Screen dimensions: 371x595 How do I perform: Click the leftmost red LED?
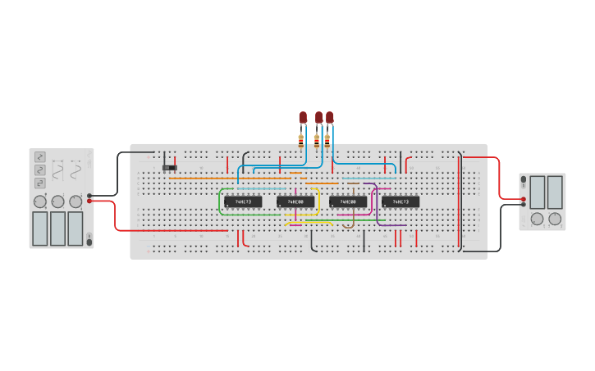pos(303,118)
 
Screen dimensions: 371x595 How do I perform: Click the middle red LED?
pos(318,118)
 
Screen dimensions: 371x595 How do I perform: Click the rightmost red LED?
pos(330,118)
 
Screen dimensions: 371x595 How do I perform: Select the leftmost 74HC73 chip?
pos(243,201)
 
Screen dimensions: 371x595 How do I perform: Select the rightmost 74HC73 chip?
pos(400,201)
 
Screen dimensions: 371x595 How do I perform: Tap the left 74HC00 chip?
pos(295,201)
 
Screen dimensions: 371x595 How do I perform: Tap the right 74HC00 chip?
pos(348,201)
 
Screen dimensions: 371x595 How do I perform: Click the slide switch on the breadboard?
pos(169,168)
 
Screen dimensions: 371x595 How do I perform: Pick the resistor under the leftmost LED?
pos(301,140)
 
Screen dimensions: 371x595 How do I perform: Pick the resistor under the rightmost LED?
pos(327,140)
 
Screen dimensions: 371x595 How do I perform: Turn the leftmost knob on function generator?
pos(39,201)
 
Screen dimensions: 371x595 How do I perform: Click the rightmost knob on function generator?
pos(76,201)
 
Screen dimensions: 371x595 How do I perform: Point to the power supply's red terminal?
pos(524,198)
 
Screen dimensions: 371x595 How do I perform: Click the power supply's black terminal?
pos(524,206)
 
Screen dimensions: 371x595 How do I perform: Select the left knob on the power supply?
pos(537,219)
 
